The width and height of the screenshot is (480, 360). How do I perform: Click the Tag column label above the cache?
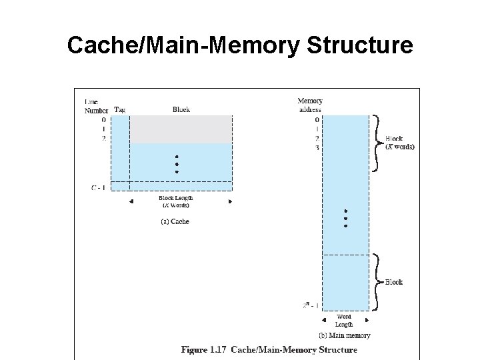[x=120, y=109]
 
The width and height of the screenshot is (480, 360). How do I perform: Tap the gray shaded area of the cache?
[x=181, y=129]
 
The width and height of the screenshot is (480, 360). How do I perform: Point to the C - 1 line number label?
[x=97, y=187]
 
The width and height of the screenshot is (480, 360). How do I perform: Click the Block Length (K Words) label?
[x=174, y=201]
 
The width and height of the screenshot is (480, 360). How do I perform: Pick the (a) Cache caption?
[x=175, y=221]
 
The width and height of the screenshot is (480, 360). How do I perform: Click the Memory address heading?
[x=309, y=105]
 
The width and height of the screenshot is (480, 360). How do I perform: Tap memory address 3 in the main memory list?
[x=317, y=147]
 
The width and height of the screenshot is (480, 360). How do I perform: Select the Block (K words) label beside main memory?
[x=399, y=143]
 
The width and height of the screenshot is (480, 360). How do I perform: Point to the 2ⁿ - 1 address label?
[x=310, y=305]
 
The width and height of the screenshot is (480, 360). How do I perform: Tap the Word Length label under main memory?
[x=344, y=321]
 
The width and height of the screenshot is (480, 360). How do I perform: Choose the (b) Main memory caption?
[x=344, y=335]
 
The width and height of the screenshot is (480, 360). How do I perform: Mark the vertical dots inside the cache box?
[x=177, y=164]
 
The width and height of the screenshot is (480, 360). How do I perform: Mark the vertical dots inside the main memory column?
[x=345, y=218]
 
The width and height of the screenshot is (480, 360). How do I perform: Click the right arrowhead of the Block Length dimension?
[x=230, y=201]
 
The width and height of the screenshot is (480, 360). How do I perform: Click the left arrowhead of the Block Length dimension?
[x=131, y=201]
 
